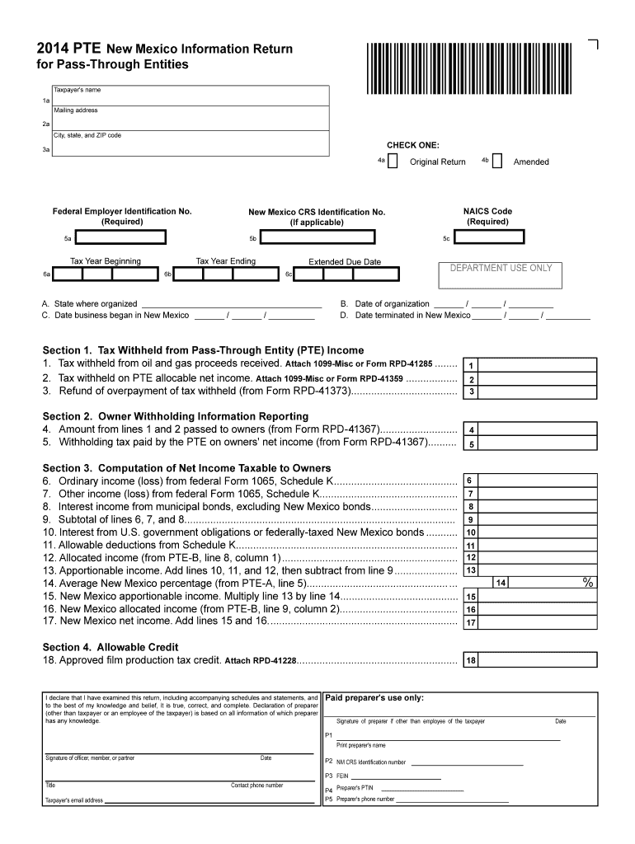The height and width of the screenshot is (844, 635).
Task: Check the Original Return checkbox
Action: point(393,161)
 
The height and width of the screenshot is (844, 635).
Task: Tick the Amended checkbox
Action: point(496,161)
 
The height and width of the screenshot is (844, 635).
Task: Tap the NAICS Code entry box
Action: point(489,237)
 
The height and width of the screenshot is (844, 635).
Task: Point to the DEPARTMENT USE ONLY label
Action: point(501,268)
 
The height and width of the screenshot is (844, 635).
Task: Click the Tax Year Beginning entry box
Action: point(106,273)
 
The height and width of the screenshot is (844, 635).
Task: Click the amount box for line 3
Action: point(536,392)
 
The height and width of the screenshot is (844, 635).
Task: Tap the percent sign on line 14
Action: point(588,582)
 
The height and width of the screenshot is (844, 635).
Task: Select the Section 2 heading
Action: point(176,416)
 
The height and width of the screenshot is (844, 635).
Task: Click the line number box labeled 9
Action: point(470,519)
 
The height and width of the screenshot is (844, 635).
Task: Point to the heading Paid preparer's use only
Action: point(374,698)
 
